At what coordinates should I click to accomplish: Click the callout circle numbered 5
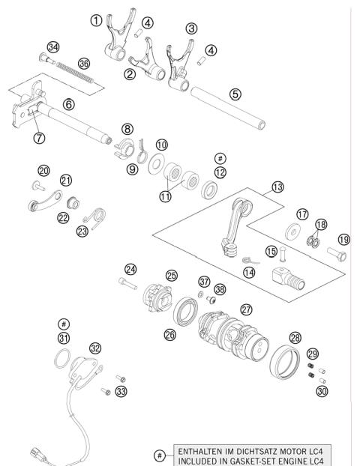tap(235, 94)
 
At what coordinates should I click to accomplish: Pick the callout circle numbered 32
tap(94, 348)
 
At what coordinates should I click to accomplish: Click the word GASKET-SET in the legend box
tap(238, 460)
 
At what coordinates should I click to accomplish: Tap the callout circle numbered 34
tap(52, 47)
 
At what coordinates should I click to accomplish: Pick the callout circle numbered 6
tap(68, 106)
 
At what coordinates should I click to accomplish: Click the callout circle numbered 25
tap(172, 276)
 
